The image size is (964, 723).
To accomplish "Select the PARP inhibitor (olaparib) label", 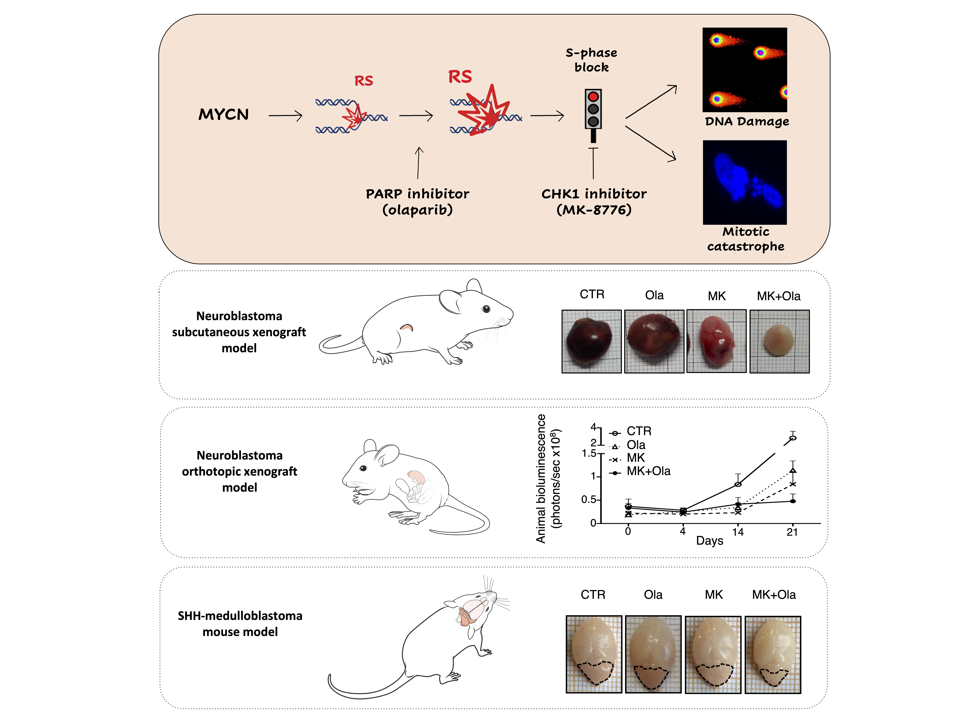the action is coord(417,201).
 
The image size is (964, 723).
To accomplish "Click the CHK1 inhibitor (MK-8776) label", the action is coord(594,201).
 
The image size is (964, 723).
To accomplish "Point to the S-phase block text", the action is coord(591,60).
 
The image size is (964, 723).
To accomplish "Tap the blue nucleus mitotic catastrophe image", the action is coord(745,182).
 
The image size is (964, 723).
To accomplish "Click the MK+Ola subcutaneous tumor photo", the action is coord(779,341).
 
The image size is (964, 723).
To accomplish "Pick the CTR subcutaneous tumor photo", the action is coord(591,341).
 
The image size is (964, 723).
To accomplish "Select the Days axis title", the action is coord(709,541).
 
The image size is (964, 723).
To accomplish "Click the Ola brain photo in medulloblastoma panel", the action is coord(653,654).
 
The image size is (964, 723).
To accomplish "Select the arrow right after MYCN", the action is coord(285,116).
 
